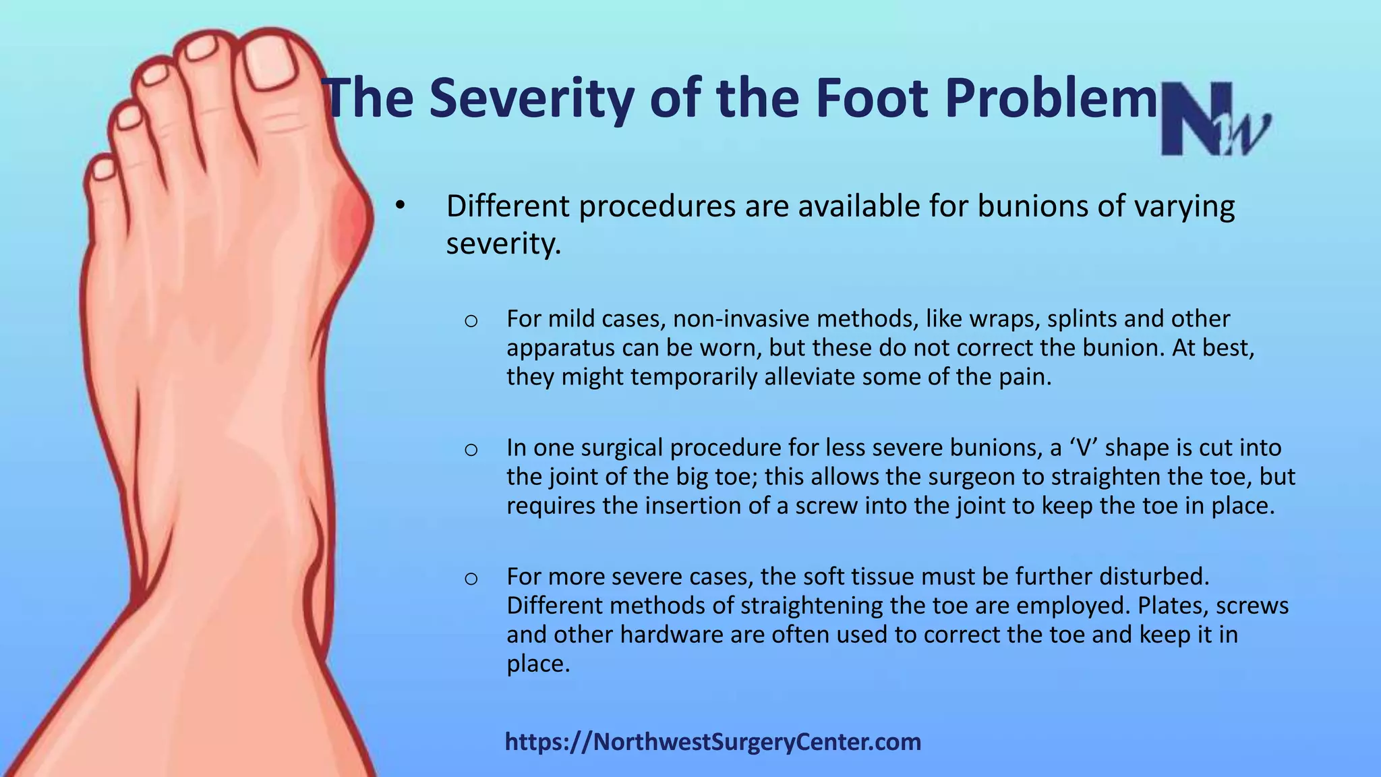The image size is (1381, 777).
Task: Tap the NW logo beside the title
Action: click(x=1214, y=120)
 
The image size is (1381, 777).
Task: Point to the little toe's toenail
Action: click(x=103, y=169)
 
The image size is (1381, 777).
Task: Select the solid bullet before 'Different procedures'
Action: click(x=401, y=206)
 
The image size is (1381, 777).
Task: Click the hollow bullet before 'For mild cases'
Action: click(x=471, y=320)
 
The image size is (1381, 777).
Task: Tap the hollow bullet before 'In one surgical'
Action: click(x=471, y=449)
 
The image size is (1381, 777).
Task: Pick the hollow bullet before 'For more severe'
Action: click(x=471, y=577)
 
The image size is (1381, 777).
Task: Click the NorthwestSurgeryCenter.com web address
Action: click(x=713, y=742)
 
